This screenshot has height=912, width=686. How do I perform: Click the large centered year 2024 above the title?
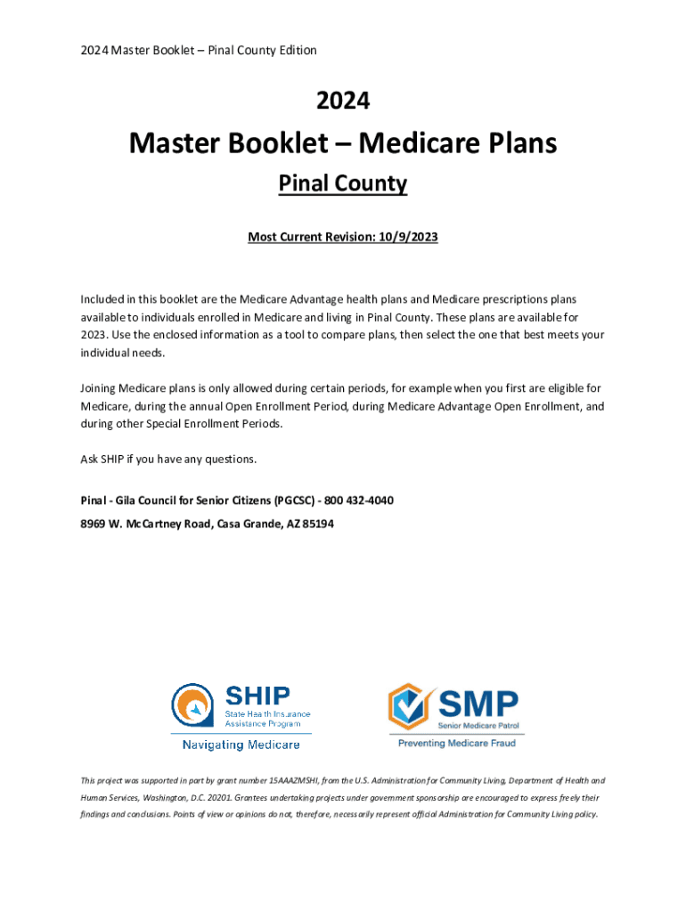343,102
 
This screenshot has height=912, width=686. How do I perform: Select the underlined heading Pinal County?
343,184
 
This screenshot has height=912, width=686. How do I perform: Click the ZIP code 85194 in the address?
317,525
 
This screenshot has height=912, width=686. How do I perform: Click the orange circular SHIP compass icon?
192,706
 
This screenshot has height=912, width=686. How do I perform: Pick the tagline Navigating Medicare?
241,745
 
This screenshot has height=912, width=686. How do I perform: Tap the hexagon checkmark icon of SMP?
412,706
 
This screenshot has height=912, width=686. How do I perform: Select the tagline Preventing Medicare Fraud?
456,743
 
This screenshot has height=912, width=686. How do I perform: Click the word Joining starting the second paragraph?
101,389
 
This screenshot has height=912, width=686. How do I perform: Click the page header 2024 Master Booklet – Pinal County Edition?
196,51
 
